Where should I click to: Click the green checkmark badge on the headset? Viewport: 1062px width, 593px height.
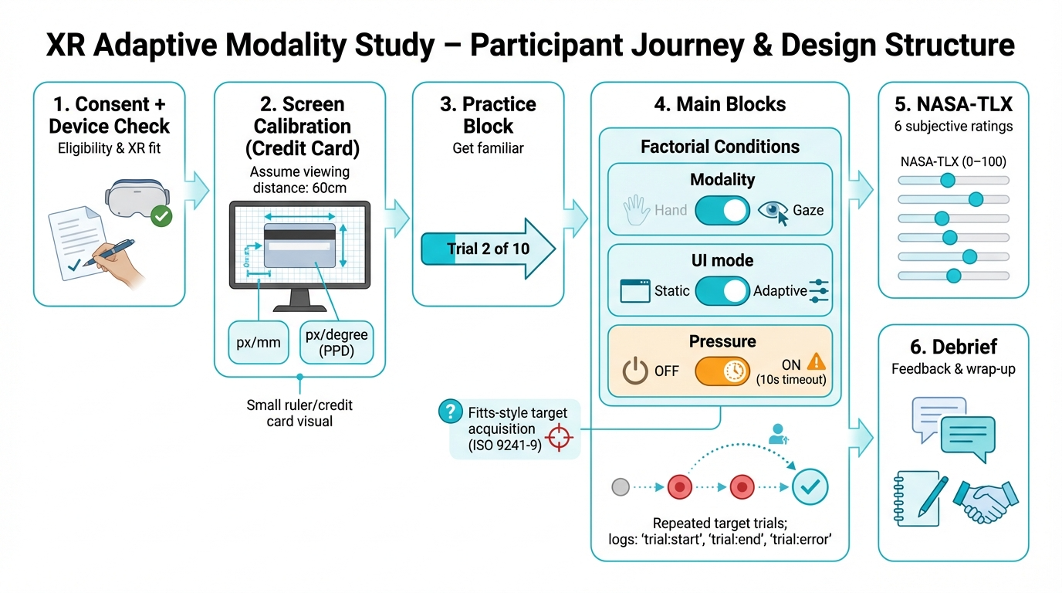[161, 215]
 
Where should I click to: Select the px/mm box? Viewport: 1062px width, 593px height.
[259, 342]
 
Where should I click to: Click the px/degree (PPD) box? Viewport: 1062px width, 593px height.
[337, 342]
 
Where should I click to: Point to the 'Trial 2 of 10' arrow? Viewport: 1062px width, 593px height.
[488, 249]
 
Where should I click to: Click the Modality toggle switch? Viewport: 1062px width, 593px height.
[722, 210]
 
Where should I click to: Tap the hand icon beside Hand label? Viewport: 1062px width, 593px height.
[636, 208]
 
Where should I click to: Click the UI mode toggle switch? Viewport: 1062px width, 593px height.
[722, 291]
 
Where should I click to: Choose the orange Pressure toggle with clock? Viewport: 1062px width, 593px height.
[722, 371]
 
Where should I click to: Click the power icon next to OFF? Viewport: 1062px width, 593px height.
[635, 371]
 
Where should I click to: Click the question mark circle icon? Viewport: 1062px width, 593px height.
[448, 412]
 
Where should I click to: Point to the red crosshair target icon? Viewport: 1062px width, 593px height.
[560, 436]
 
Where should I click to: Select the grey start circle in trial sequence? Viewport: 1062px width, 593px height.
[620, 487]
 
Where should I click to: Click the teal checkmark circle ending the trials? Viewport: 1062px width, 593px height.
[810, 486]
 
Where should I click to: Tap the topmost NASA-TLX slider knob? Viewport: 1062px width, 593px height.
[947, 181]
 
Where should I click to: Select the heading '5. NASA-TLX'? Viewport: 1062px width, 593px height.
[953, 103]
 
